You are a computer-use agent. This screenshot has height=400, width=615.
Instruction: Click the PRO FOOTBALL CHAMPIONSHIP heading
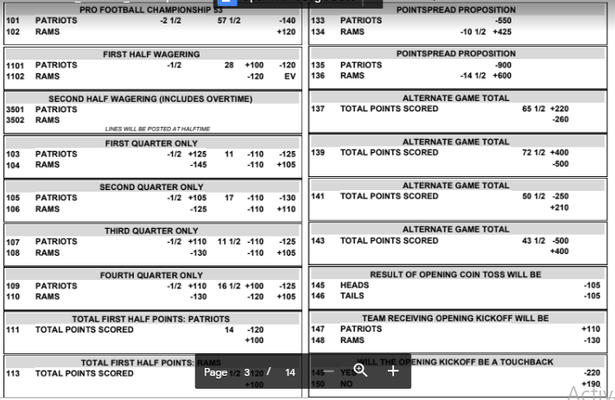pyautogui.click(x=151, y=10)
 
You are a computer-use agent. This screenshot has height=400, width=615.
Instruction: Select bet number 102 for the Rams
pyautogui.click(x=13, y=32)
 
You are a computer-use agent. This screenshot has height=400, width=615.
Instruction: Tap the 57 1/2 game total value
pyautogui.click(x=228, y=20)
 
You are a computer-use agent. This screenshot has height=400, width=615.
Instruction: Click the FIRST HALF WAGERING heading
pyautogui.click(x=151, y=54)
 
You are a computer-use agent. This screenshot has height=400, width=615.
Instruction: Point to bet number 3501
pyautogui.click(x=16, y=110)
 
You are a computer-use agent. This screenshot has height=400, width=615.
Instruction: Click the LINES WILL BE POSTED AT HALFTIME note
pyautogui.click(x=157, y=129)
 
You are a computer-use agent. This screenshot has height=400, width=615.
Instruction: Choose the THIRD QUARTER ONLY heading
pyautogui.click(x=151, y=231)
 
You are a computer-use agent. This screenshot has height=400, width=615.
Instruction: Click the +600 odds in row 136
pyautogui.click(x=503, y=76)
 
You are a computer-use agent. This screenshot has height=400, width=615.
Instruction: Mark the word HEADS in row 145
pyautogui.click(x=355, y=285)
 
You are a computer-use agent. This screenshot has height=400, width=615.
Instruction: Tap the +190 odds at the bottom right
pyautogui.click(x=590, y=384)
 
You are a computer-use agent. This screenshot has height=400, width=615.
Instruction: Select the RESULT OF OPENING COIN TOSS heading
pyautogui.click(x=455, y=275)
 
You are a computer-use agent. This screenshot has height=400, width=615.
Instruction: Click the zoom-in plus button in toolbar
pyautogui.click(x=392, y=371)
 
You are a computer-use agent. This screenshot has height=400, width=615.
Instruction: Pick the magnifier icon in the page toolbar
pyautogui.click(x=360, y=371)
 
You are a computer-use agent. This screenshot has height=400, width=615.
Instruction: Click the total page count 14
pyautogui.click(x=290, y=372)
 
